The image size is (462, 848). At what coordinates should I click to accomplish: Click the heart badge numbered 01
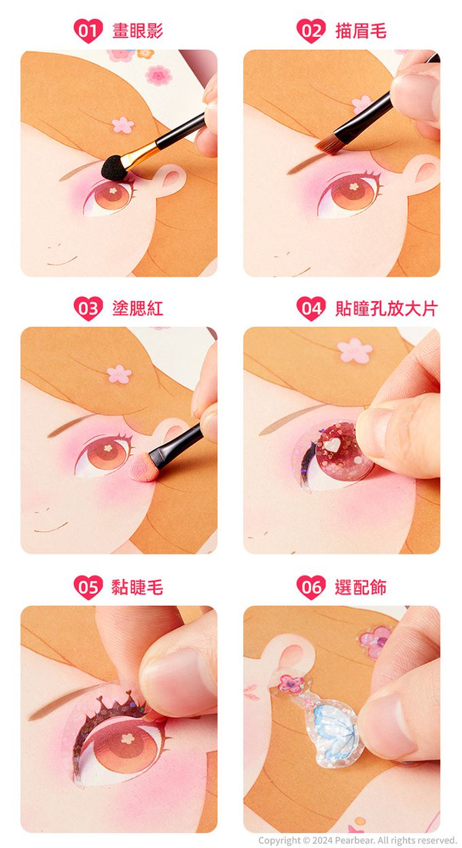[x=88, y=31]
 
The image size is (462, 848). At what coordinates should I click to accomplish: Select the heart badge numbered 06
[x=311, y=587]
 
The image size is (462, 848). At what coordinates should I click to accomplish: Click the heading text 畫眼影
[x=138, y=31]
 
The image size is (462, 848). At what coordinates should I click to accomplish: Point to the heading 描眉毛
[x=361, y=31]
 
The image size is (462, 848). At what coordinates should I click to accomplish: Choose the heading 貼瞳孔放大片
[x=387, y=308]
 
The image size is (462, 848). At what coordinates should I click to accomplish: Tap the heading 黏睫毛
[x=137, y=587]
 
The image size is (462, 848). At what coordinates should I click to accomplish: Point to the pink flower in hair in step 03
[x=120, y=374]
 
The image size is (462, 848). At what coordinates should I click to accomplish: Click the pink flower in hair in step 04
[x=355, y=350]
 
